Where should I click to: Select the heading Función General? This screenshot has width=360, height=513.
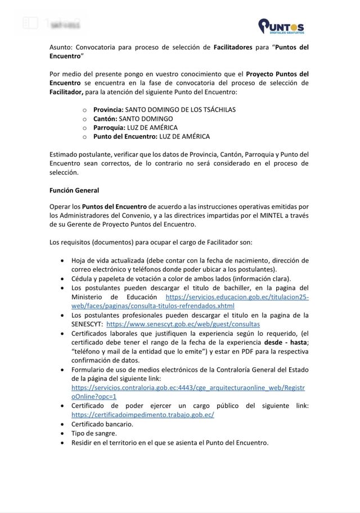pyautogui.click(x=74, y=191)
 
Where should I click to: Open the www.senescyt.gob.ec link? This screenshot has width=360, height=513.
pyautogui.click(x=183, y=325)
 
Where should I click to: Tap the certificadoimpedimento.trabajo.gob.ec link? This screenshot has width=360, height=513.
pyautogui.click(x=143, y=415)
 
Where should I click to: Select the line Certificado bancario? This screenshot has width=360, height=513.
pyautogui.click(x=102, y=424)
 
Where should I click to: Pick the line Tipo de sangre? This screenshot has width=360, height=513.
pyautogui.click(x=94, y=433)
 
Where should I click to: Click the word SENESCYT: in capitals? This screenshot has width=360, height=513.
pyautogui.click(x=87, y=325)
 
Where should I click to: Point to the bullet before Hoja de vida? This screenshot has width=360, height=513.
pyautogui.click(x=61, y=261)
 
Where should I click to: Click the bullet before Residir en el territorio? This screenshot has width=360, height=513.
pyautogui.click(x=61, y=443)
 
